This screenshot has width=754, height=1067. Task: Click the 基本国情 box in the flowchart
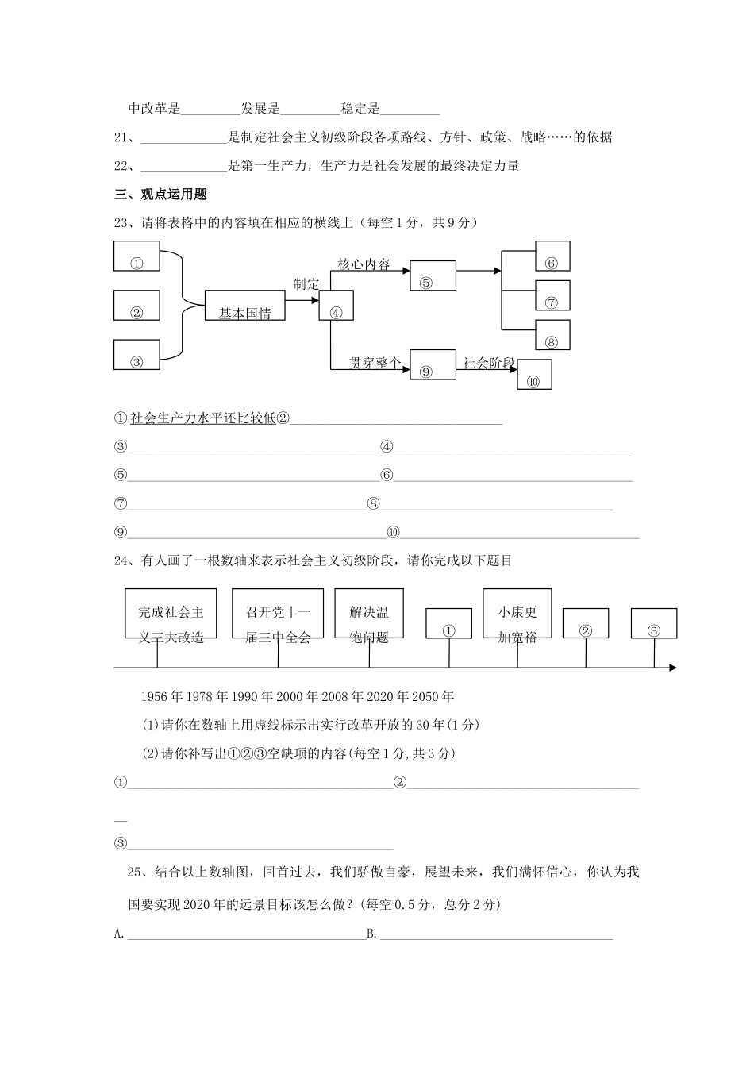point(244,306)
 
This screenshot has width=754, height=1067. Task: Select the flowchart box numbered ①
point(137,256)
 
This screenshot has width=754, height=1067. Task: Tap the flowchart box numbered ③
point(137,354)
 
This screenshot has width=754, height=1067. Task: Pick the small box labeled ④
point(336,306)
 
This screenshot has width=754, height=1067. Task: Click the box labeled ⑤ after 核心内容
point(433,275)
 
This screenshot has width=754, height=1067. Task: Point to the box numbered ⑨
point(433,364)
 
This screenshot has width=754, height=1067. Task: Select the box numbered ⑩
point(534,374)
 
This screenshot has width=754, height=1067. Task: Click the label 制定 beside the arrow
point(306,284)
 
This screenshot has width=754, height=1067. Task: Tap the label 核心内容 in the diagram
point(364,264)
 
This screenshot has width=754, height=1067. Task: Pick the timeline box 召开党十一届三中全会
point(278,614)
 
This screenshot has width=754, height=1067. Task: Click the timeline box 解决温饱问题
point(369,614)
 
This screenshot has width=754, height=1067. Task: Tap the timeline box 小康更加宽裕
point(517,614)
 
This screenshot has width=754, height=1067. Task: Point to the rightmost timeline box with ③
point(654,623)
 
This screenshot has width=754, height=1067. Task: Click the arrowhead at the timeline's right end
point(672,668)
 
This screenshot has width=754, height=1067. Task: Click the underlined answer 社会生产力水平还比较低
point(203,418)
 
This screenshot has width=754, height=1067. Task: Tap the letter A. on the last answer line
point(120,934)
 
